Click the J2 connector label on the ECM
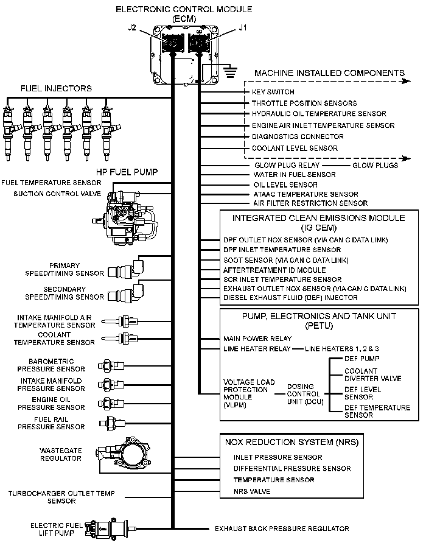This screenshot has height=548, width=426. tap(133, 28)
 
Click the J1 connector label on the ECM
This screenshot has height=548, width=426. tap(243, 27)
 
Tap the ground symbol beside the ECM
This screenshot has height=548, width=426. tap(231, 72)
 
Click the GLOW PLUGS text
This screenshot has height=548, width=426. tap(375, 165)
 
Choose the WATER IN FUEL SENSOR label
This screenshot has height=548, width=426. tap(294, 175)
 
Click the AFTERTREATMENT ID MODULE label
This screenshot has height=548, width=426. tap(266, 270)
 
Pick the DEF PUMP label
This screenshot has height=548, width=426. tap(362, 359)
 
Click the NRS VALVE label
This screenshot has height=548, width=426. tap(252, 491)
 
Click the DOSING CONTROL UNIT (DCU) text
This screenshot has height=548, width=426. tap(302, 394)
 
